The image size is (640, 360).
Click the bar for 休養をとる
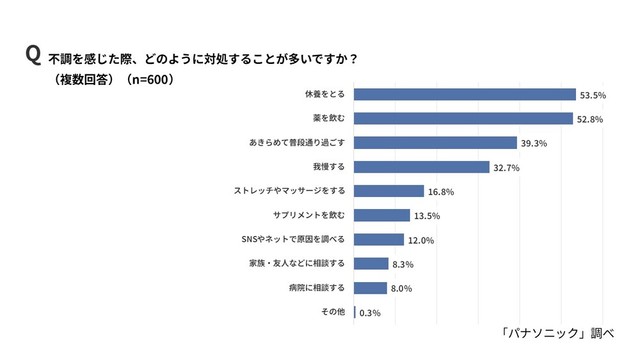pyautogui.click(x=465, y=95)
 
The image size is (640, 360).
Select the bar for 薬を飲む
pyautogui.click(x=463, y=119)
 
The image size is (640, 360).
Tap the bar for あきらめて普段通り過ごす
pyautogui.click(x=435, y=143)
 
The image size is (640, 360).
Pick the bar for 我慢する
pyautogui.click(x=422, y=167)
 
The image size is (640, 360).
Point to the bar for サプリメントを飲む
pyautogui.click(x=382, y=215)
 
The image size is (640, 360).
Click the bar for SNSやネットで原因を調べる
pyautogui.click(x=379, y=239)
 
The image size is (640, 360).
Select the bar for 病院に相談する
pyautogui.click(x=371, y=288)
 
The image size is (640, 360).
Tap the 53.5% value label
pyautogui.click(x=592, y=95)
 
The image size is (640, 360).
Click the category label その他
pyautogui.click(x=333, y=312)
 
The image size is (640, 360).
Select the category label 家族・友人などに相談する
pyautogui.click(x=297, y=264)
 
